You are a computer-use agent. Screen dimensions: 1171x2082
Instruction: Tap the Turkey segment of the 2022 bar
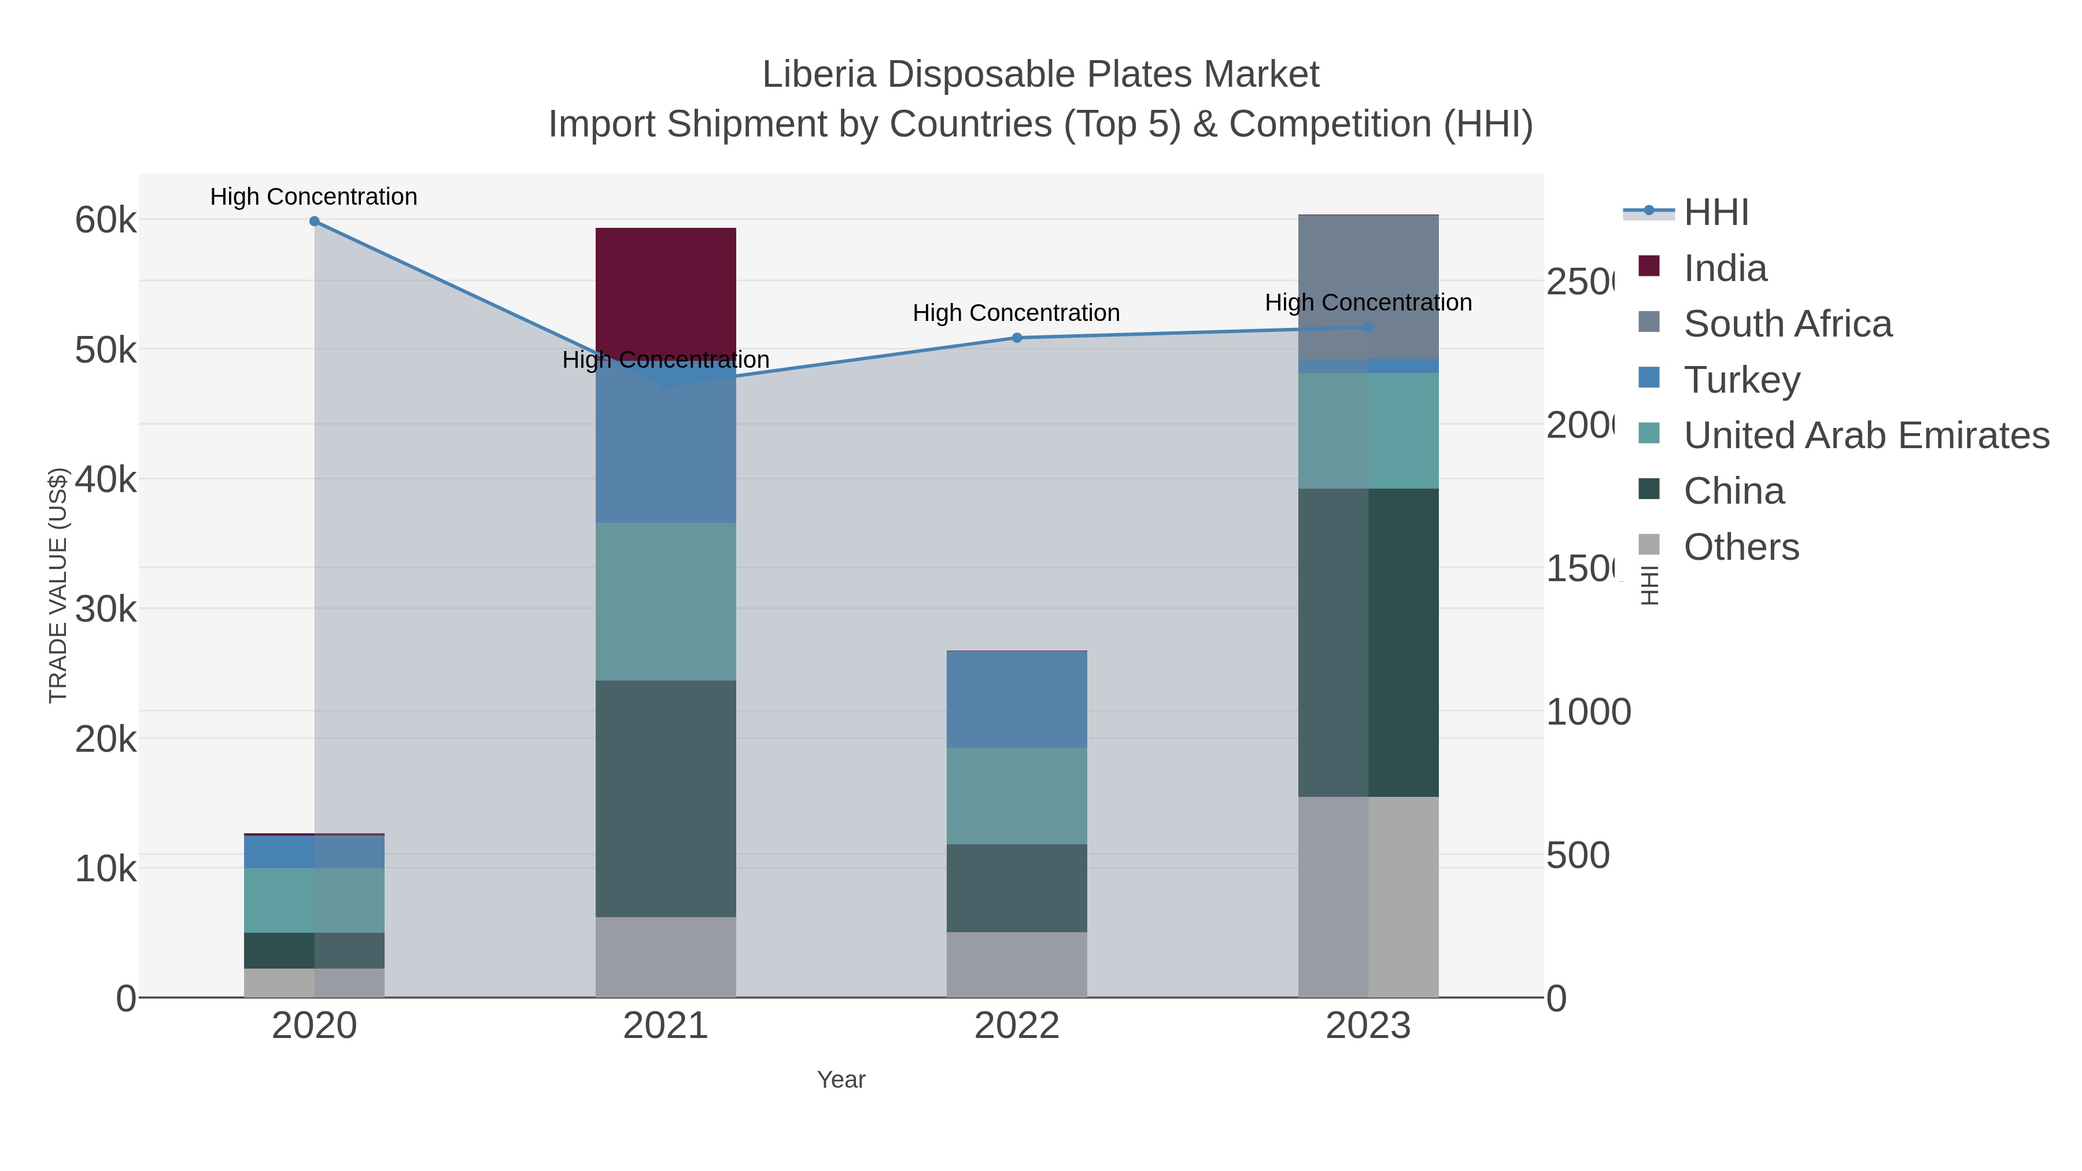(x=1016, y=699)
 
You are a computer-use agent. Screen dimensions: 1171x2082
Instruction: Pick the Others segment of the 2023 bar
(x=1368, y=896)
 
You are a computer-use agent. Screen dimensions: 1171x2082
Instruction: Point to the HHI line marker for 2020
(x=315, y=221)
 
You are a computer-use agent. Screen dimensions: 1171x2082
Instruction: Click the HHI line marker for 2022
(x=1017, y=338)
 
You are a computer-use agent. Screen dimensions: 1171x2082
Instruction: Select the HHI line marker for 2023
(x=1368, y=327)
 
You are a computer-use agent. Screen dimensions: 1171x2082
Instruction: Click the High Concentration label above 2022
(x=1016, y=313)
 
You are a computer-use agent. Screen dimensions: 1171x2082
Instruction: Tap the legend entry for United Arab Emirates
(x=1866, y=435)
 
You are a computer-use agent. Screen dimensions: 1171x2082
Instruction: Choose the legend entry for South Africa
(x=1787, y=324)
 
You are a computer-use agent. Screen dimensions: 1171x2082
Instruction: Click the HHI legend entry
(x=1716, y=213)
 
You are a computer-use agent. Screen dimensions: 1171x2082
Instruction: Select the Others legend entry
(x=1741, y=547)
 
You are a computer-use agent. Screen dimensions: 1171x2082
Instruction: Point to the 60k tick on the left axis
(x=106, y=220)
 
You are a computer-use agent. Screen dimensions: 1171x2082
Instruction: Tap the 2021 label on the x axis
(x=665, y=1025)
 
